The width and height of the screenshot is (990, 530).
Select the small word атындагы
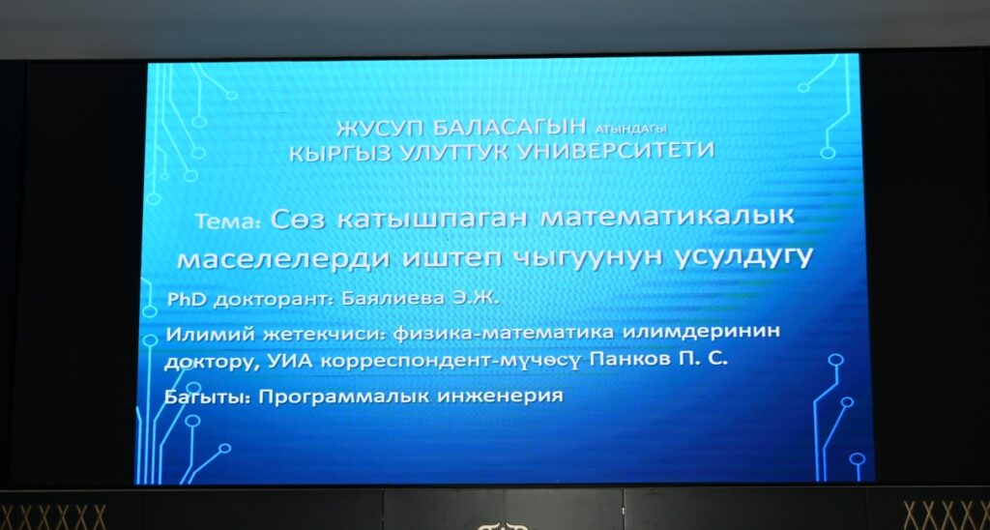click(x=630, y=129)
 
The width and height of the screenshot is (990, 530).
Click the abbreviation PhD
click(x=187, y=300)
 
